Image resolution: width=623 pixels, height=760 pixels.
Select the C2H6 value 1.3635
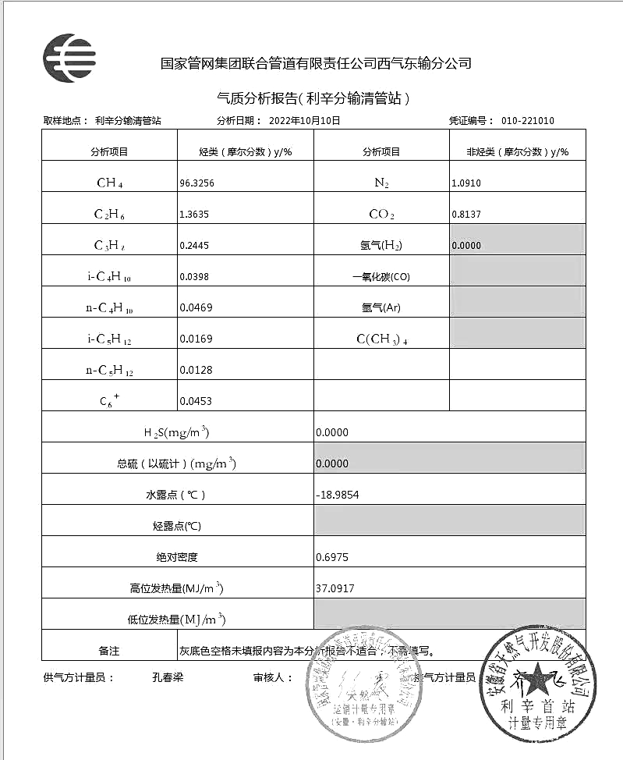194,215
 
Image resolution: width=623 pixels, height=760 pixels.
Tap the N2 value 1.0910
466,183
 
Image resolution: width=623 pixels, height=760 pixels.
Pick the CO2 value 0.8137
466,215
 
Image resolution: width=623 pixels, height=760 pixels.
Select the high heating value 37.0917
335,588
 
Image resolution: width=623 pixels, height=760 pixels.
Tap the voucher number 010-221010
527,121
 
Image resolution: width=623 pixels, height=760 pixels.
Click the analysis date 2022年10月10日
304,121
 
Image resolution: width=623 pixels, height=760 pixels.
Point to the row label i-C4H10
109,277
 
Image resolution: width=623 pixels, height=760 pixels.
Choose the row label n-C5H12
109,371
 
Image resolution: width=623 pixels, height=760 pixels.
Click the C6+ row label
109,401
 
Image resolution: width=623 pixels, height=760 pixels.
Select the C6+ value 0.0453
196,402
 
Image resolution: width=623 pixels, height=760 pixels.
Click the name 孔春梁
167,677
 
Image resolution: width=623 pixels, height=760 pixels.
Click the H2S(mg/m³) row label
176,433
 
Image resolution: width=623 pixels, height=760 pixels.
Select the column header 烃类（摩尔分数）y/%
246,152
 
